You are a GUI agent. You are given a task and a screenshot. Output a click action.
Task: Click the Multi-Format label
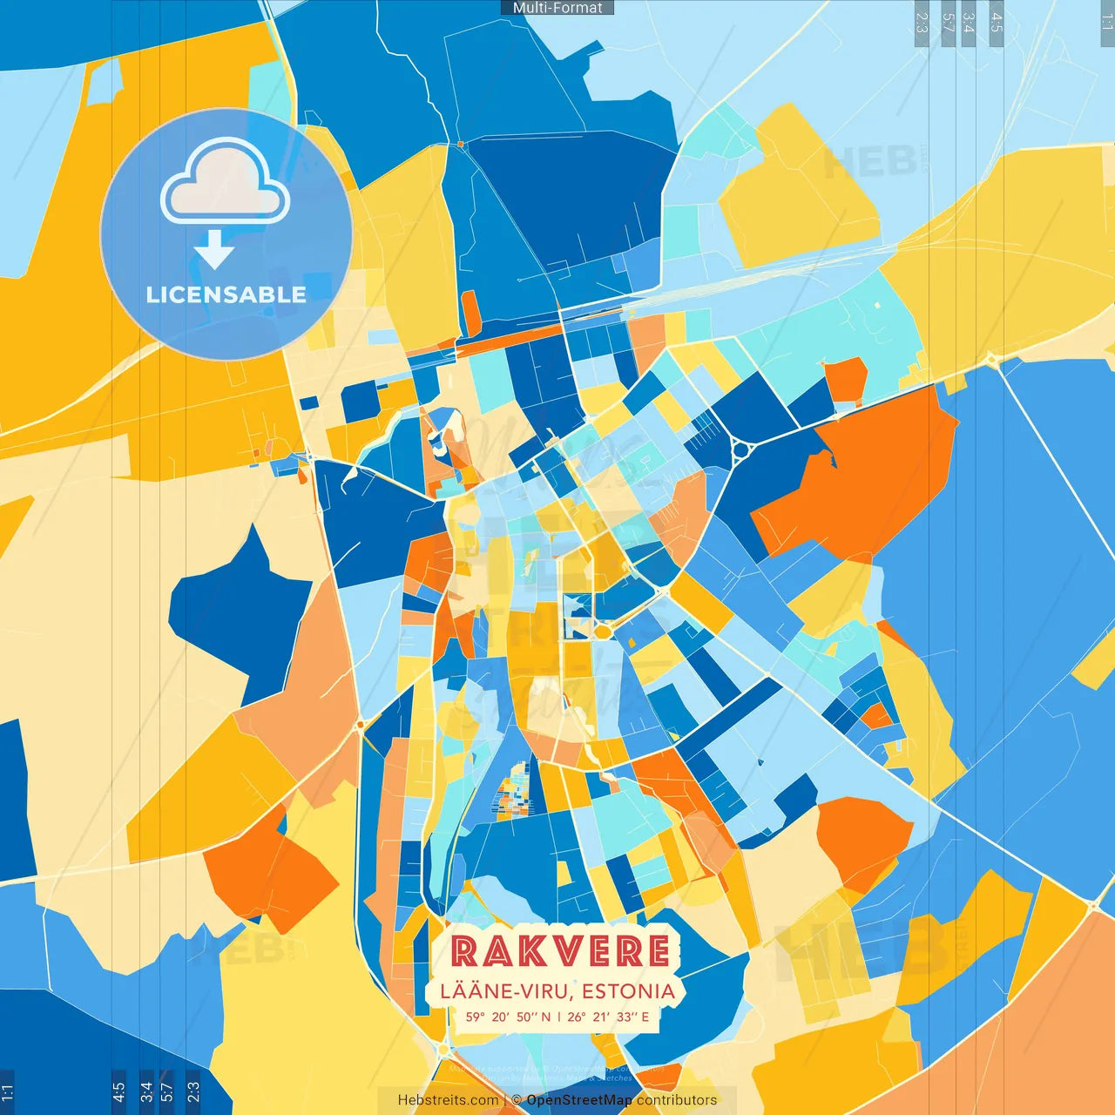coord(557,8)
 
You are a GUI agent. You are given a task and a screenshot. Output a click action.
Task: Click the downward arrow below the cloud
coord(214,251)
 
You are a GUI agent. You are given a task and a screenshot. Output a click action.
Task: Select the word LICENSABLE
coord(226,295)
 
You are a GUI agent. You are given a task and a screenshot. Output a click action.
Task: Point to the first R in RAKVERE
coord(465,951)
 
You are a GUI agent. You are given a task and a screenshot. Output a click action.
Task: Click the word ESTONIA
coord(629,991)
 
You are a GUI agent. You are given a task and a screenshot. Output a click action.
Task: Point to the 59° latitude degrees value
coord(475,1017)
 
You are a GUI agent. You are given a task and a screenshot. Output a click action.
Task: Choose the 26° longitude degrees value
coord(577,1017)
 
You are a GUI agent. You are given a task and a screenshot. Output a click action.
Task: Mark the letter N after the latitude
coord(545,1017)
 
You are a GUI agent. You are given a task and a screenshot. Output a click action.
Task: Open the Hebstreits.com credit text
coord(448,1100)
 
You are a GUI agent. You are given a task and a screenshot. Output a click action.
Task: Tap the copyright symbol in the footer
coord(516,1100)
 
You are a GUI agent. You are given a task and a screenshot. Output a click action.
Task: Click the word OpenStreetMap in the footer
coord(579,1100)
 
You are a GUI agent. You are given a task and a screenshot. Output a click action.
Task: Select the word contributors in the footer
coord(677,1100)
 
